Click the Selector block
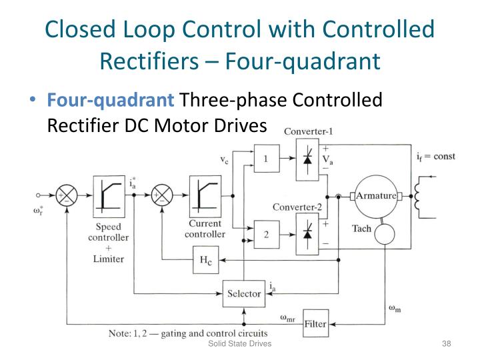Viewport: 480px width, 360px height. [245, 293]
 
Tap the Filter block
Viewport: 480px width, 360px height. [316, 324]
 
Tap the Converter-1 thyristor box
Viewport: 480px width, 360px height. [306, 159]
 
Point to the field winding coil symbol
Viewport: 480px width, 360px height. [421, 196]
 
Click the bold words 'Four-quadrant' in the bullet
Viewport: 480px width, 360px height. [109, 100]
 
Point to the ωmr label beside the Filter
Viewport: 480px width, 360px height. [287, 319]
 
